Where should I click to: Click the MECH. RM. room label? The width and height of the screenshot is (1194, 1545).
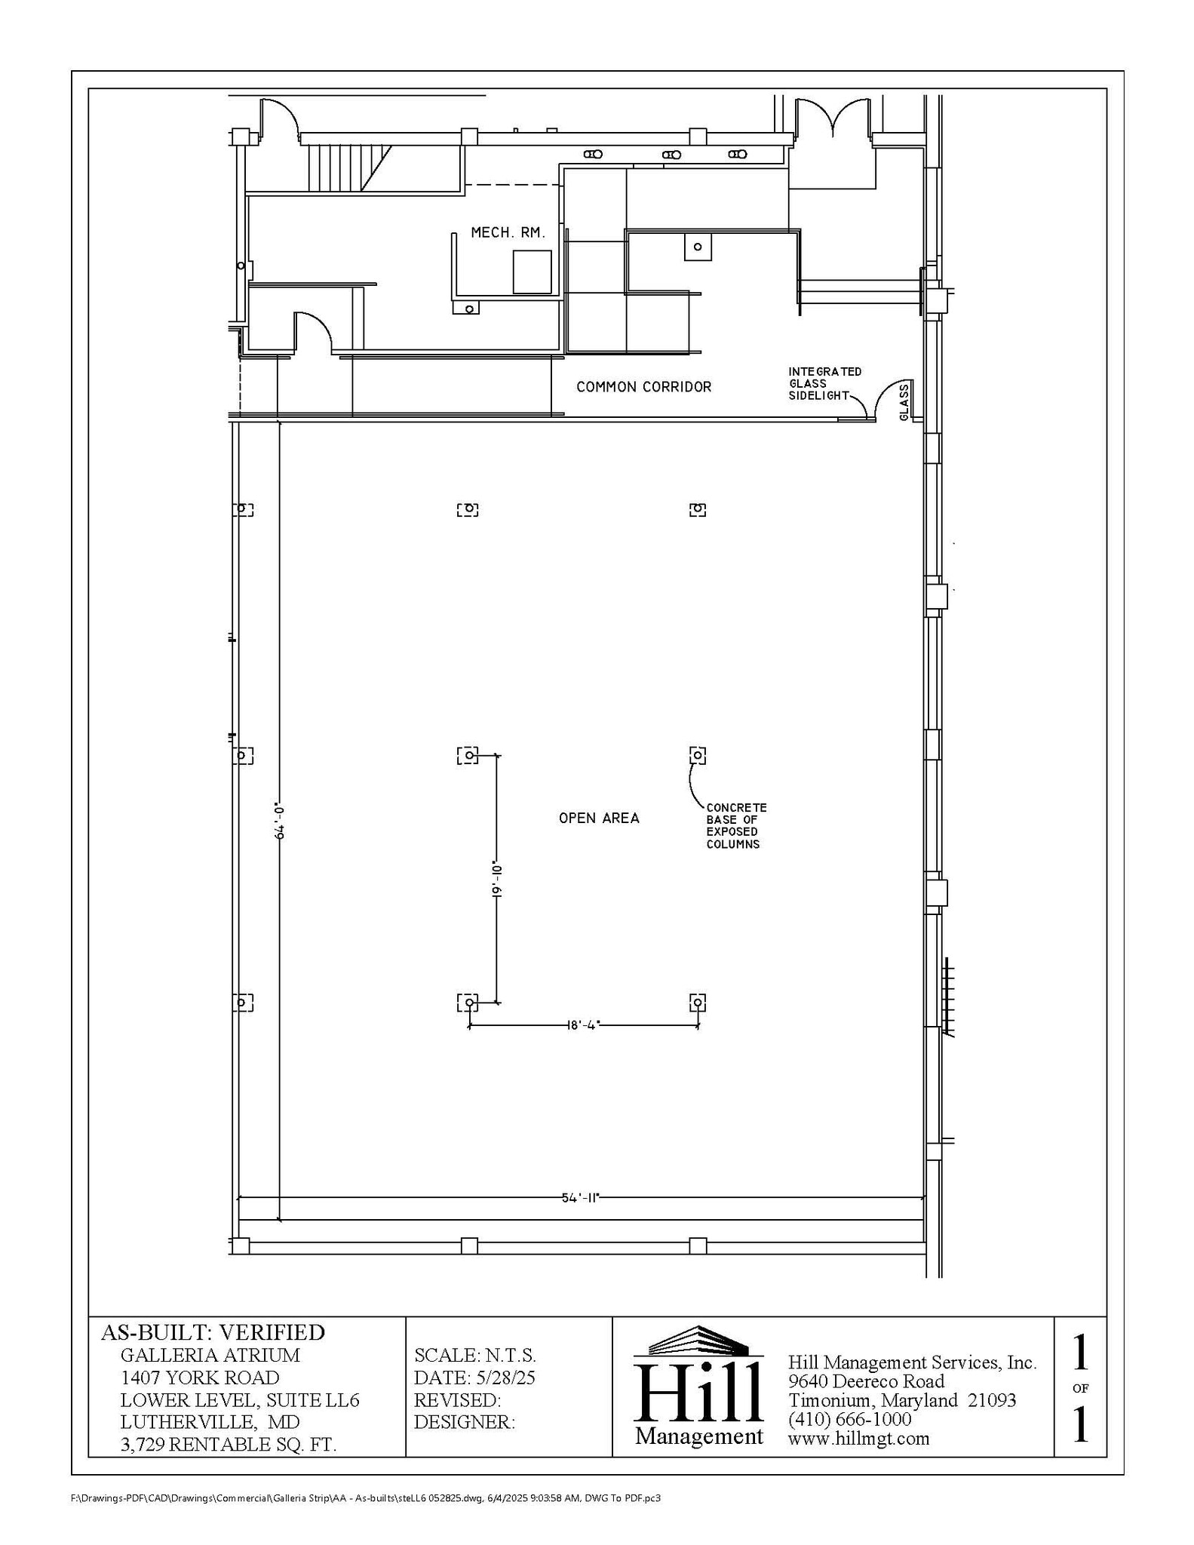coord(508,233)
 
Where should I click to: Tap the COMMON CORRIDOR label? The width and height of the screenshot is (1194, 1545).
coord(643,387)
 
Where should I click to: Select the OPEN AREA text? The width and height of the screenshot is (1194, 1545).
coord(599,818)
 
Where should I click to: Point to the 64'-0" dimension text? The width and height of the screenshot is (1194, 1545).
coord(279,821)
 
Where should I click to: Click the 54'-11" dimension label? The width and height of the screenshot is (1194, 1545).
coord(579,1197)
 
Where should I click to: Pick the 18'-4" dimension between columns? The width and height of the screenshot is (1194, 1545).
coord(583,1025)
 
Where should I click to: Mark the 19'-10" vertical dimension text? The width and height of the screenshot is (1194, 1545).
coord(496,879)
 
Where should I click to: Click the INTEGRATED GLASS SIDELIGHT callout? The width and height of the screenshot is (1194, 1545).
coord(824,383)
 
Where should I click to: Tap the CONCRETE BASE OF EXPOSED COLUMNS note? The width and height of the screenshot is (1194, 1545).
coord(735,826)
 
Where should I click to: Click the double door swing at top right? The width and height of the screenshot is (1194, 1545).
coord(833,117)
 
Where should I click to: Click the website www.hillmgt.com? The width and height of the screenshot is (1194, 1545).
coord(858,1438)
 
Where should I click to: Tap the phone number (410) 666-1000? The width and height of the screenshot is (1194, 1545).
coord(849,1419)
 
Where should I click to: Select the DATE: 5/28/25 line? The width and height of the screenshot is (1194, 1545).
coord(474,1378)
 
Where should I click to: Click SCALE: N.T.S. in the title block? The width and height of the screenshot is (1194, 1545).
coord(474,1355)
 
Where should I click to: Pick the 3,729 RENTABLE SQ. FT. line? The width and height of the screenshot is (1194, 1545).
coord(228,1444)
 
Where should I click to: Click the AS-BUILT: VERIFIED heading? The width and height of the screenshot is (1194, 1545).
coord(213,1332)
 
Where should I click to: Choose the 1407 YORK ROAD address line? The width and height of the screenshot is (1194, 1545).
coord(200,1378)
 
